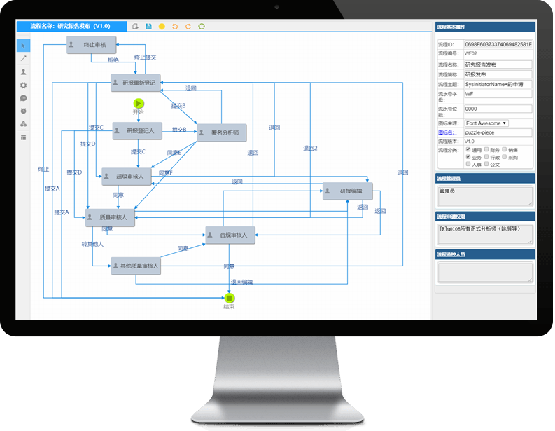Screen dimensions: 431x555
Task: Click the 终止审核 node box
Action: [90, 45]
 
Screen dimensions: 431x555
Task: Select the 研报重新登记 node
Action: [136, 82]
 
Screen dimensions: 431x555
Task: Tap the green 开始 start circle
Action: [139, 103]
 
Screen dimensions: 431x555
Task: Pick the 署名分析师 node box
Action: [221, 132]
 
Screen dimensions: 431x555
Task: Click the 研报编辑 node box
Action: [347, 191]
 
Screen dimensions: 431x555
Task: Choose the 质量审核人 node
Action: [111, 218]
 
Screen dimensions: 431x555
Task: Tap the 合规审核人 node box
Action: [230, 235]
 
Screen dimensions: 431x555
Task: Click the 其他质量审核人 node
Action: [136, 266]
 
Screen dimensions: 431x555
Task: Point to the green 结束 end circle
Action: [229, 298]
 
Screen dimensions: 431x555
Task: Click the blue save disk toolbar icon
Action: [148, 27]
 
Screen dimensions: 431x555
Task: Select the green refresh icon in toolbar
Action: [202, 27]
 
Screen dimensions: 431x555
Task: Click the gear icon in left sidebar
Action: [24, 85]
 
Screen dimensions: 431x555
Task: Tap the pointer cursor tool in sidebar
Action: [24, 46]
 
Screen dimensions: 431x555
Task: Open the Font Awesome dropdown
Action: [486, 123]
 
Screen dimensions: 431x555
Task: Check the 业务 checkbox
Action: [468, 157]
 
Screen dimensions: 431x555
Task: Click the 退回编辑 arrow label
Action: [241, 282]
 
